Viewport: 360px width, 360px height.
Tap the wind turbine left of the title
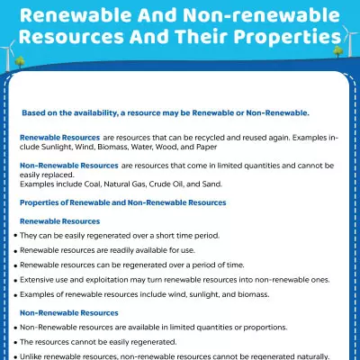tap(13, 45)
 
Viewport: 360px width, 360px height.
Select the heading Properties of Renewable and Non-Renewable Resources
tap(122, 202)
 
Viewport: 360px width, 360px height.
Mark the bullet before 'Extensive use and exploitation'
tap(15, 281)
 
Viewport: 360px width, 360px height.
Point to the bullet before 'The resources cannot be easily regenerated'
tap(15, 343)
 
